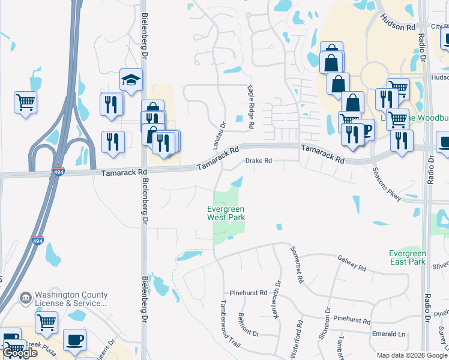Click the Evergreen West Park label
(x=226, y=213)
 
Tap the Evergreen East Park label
(x=407, y=257)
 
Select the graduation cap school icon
(x=131, y=79)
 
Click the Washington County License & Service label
(x=67, y=299)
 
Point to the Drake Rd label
(x=259, y=161)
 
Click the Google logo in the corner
(x=20, y=353)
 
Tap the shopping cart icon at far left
(x=25, y=103)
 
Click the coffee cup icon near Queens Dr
(x=75, y=340)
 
